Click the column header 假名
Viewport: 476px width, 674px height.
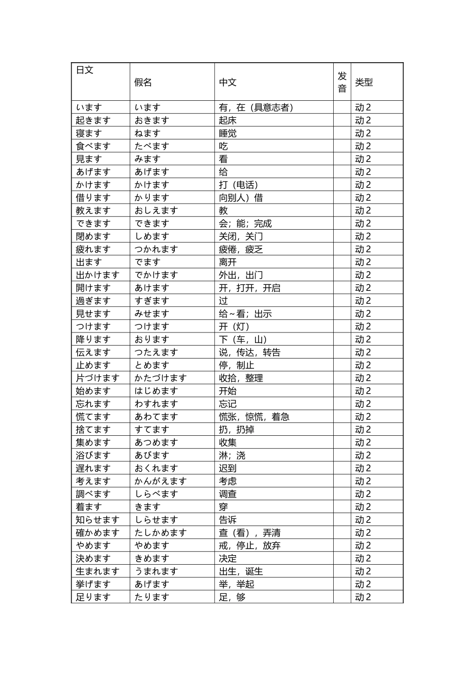click(143, 82)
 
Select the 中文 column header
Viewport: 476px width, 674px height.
click(227, 82)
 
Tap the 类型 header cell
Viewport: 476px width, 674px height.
click(364, 82)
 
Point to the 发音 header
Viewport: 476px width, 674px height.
click(342, 82)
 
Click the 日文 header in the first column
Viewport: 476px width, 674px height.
click(85, 70)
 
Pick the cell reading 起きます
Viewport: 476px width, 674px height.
click(93, 120)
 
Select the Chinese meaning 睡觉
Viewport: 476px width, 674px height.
click(227, 133)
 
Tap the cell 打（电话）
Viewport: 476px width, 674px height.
click(239, 185)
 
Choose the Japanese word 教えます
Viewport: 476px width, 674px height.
click(93, 211)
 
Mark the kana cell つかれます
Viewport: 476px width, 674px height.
click(156, 249)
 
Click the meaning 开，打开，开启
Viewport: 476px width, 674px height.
click(250, 288)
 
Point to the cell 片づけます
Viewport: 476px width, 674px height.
click(97, 378)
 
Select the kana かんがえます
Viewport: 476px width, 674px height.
click(160, 481)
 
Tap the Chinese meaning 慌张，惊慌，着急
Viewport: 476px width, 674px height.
click(254, 417)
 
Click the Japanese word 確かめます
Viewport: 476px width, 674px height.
click(97, 533)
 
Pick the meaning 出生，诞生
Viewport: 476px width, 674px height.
click(241, 571)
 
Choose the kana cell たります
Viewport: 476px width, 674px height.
click(152, 597)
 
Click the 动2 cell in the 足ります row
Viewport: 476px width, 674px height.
click(363, 597)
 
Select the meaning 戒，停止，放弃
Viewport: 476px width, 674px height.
click(250, 546)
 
